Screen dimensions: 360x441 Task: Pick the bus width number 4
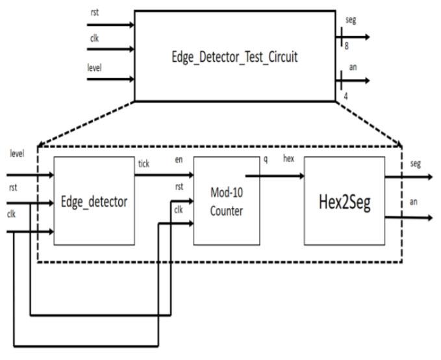click(x=346, y=96)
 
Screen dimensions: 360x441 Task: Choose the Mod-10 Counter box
click(x=226, y=201)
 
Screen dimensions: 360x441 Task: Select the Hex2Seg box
click(x=344, y=201)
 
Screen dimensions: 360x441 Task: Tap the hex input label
click(x=288, y=160)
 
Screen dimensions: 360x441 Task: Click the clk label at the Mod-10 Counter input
click(x=178, y=209)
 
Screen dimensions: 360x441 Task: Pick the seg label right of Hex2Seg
click(x=416, y=164)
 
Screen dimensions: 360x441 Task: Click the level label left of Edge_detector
click(x=17, y=153)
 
